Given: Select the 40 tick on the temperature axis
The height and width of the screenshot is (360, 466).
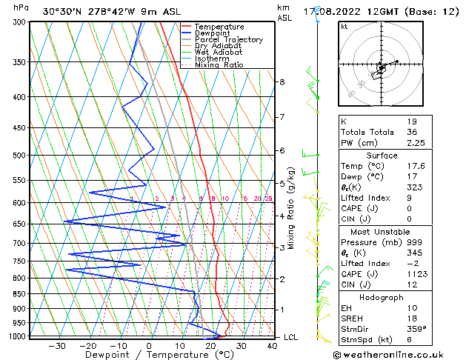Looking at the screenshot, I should point(272,345).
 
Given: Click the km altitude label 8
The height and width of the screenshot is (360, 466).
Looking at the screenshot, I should point(282,82).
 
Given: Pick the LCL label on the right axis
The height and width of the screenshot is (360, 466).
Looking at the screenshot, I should point(292,337).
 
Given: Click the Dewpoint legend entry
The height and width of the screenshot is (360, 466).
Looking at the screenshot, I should point(212,33).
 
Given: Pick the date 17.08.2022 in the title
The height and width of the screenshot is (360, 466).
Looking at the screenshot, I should point(348,11).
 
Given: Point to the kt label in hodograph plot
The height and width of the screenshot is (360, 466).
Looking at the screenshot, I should point(344,26).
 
